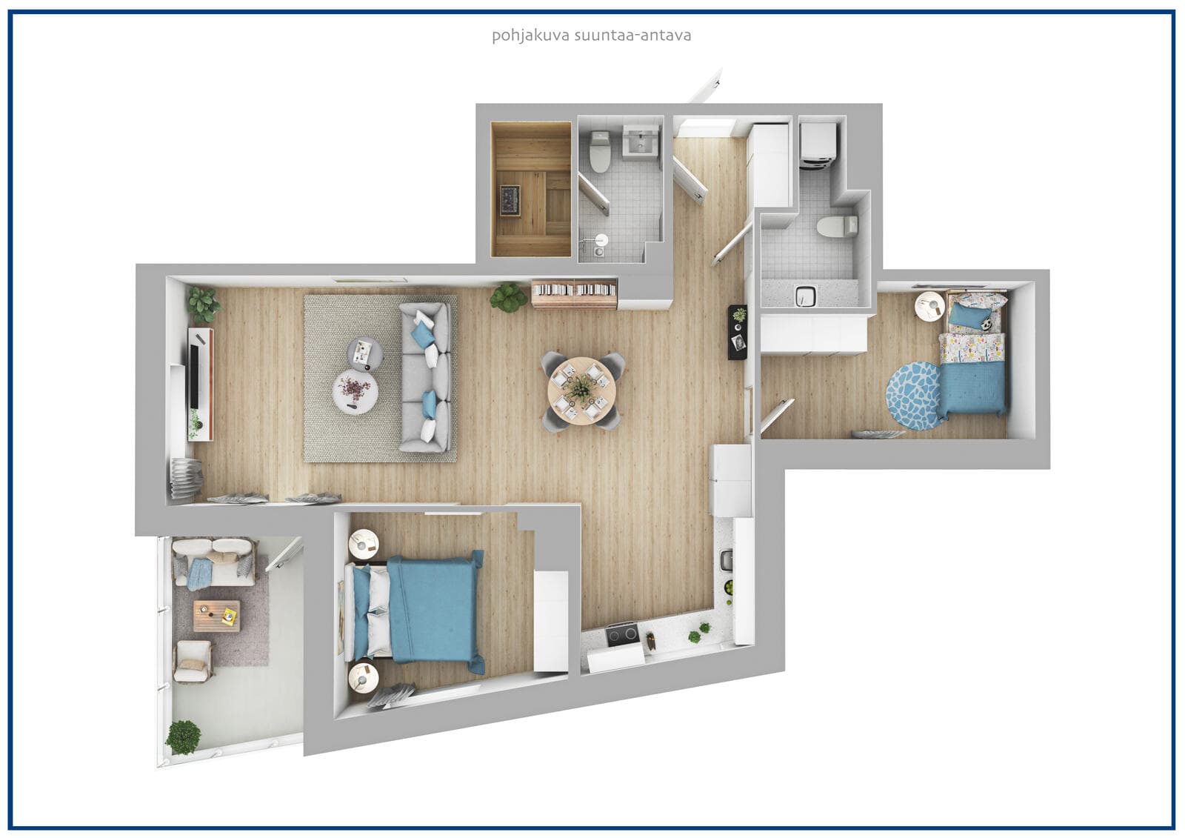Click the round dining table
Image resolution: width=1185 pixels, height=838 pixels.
coord(581,390)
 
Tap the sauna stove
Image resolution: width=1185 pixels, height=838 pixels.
coord(511,201)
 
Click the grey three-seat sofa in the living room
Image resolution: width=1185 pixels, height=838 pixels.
coord(425,377)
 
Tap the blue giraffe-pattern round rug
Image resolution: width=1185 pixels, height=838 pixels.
coord(915,396)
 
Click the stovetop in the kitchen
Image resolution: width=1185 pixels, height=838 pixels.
coord(622,635)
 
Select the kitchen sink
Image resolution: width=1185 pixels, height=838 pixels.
coord(727,560)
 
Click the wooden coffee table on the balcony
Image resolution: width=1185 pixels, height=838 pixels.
coord(216,616)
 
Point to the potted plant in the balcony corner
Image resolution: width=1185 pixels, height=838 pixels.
coord(183,737)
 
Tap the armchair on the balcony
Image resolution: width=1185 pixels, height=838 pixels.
coord(193,661)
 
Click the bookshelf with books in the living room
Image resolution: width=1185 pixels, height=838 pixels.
coord(574,293)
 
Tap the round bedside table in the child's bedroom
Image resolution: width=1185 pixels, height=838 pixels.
coord(929,306)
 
